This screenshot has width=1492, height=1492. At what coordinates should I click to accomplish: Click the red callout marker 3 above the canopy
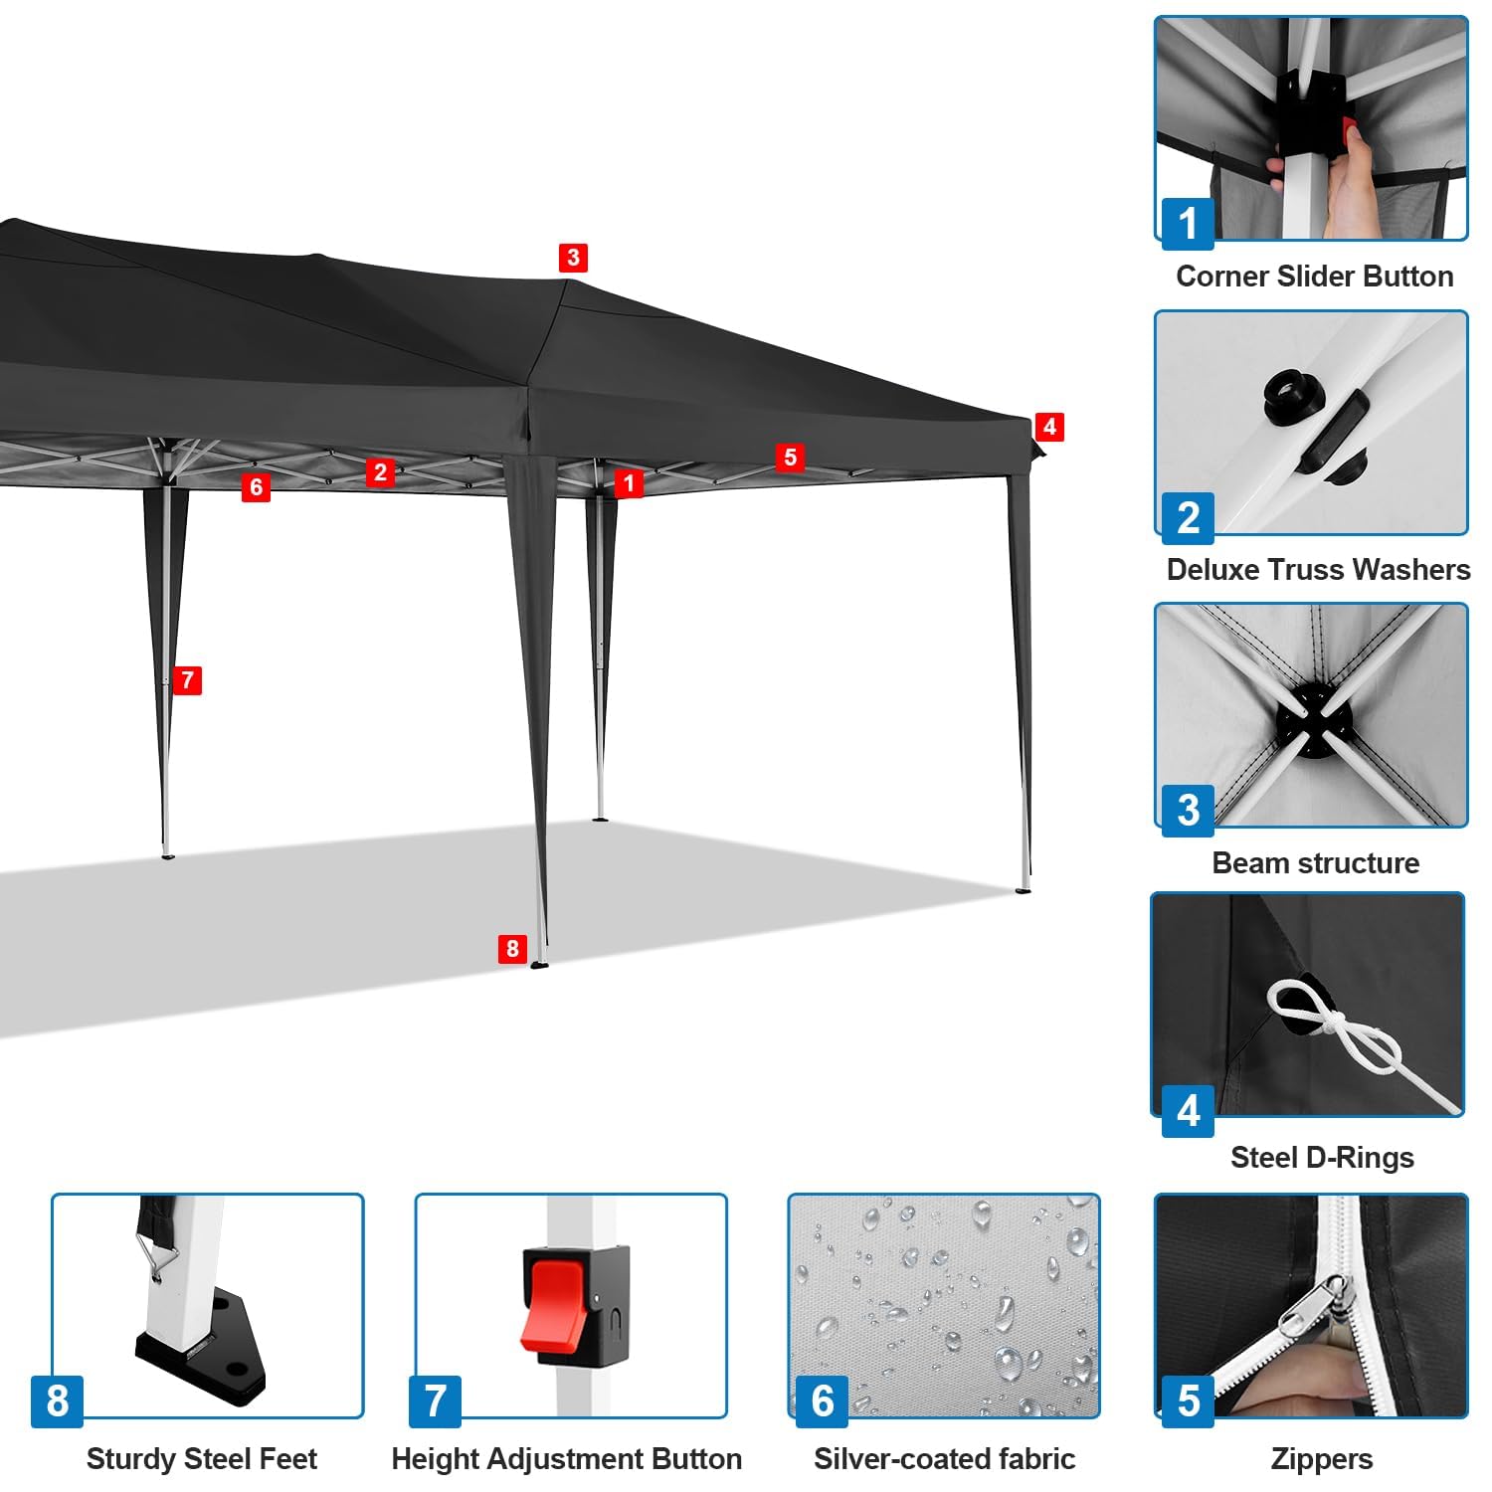point(572,258)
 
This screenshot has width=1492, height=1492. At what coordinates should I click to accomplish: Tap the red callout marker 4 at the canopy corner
point(1049,427)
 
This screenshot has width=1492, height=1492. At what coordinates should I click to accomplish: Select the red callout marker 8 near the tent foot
point(512,948)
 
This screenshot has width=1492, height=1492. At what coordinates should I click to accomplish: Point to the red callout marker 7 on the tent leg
point(187,680)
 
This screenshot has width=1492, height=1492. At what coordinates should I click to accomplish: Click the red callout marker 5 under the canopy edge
point(791,457)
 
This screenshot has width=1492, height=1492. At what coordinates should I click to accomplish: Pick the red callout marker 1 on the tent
point(629,483)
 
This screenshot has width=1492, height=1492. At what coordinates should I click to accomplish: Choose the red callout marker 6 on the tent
point(257,486)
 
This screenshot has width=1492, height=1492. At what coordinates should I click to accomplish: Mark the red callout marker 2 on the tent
point(380,471)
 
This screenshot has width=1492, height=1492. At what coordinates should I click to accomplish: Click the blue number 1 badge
point(1188,223)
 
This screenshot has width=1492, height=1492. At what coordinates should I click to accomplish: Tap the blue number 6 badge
point(823,1400)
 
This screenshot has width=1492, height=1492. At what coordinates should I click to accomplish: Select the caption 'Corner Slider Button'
point(1314,277)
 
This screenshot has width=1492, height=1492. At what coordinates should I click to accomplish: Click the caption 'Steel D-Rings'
point(1322,1157)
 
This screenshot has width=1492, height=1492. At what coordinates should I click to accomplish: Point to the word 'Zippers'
point(1322,1459)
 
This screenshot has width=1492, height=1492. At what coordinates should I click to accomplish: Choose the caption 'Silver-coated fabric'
point(944,1459)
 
